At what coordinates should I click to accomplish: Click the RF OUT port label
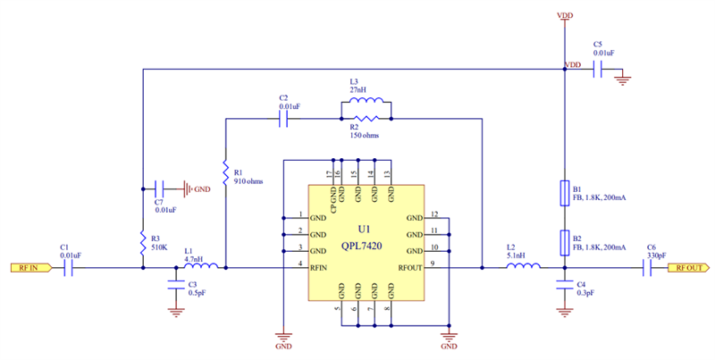pos(691,267)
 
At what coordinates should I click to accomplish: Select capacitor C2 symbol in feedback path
pos(283,118)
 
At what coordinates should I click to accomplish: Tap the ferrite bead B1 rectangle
pos(564,193)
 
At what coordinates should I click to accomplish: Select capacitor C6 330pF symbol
pos(647,267)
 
